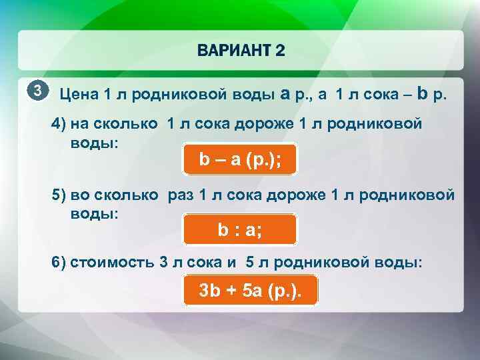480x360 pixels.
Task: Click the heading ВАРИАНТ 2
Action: pyautogui.click(x=241, y=52)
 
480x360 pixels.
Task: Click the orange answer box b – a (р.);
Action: pyautogui.click(x=239, y=160)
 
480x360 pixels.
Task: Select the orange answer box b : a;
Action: pyautogui.click(x=239, y=231)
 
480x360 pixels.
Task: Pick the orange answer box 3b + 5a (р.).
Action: pyautogui.click(x=250, y=291)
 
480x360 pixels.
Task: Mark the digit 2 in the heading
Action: pyautogui.click(x=279, y=52)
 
